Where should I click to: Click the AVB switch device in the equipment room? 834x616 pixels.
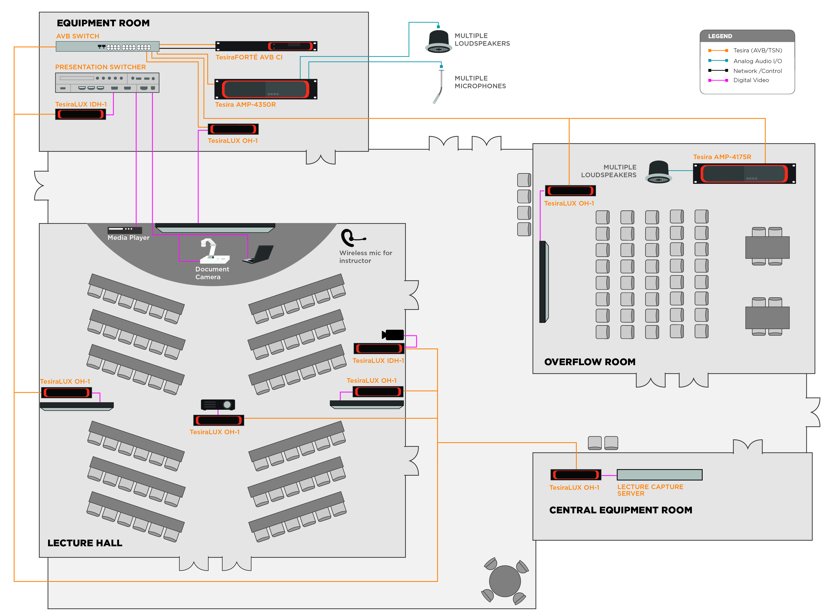tap(108, 47)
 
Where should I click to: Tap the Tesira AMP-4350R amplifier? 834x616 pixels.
tap(266, 89)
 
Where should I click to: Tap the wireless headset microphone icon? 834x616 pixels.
tap(350, 238)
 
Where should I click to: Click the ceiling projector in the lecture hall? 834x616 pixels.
tap(218, 404)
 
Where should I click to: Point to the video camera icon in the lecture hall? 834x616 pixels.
tap(393, 335)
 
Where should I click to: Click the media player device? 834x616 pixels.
tap(125, 230)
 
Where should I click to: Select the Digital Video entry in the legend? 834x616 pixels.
tap(750, 80)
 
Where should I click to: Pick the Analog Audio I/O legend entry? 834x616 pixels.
tap(757, 61)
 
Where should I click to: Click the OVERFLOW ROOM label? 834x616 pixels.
tap(590, 362)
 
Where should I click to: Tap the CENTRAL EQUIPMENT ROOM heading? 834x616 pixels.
tap(620, 510)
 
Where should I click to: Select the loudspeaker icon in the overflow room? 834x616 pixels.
tap(659, 172)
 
